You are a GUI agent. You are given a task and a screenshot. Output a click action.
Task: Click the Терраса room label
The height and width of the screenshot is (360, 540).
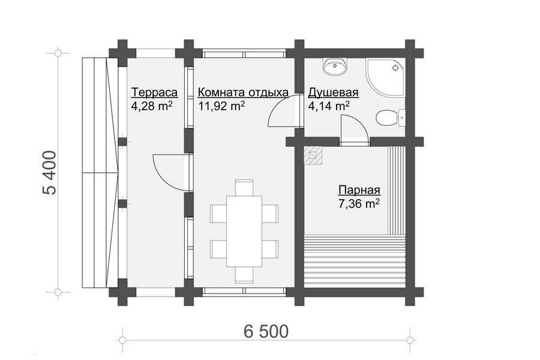pos(154,92)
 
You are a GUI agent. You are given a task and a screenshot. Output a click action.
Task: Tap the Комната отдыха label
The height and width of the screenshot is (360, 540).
pos(243,92)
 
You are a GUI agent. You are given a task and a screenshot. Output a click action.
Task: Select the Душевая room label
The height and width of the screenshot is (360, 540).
pos(333,92)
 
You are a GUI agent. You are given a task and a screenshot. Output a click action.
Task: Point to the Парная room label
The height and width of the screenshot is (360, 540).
pos(359,190)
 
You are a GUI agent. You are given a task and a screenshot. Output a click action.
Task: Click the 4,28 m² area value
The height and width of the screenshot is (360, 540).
pos(152,106)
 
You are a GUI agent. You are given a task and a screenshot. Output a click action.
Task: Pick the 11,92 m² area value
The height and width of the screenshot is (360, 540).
pos(221,106)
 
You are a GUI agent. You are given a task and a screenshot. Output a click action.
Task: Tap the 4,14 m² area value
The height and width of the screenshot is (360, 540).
pos(329,106)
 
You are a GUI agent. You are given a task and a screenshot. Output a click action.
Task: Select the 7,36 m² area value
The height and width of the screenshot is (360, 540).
pos(359,204)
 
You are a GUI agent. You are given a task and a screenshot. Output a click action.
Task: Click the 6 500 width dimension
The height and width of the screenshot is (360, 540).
pos(266,331)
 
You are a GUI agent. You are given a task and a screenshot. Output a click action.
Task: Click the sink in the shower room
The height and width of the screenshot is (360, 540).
pos(335,67)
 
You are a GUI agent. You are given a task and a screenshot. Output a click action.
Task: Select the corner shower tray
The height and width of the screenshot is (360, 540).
pos(386,78)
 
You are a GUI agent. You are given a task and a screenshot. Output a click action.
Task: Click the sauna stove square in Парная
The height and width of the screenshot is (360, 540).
pos(313,156)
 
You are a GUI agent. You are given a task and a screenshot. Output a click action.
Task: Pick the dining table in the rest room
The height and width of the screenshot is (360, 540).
pos(244,231)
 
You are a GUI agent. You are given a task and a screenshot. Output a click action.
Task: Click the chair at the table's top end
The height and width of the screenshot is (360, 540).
pos(244,187)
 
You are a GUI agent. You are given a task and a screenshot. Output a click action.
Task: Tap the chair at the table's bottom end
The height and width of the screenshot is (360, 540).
pos(244,275)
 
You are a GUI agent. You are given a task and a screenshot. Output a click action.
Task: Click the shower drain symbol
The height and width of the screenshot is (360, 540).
pos(395,68)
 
